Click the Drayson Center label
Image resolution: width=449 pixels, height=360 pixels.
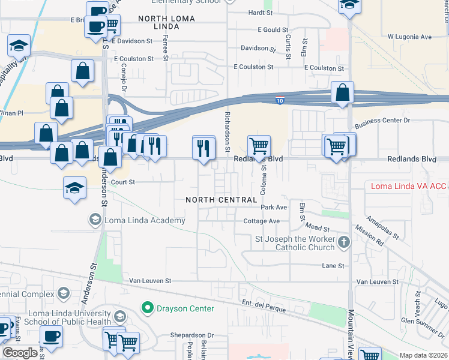[x=185, y=308]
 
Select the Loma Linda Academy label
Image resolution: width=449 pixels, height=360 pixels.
[x=145, y=221]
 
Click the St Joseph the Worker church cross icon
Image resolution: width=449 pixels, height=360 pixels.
[x=343, y=243]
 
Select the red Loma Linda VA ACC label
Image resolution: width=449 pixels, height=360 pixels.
[x=408, y=186]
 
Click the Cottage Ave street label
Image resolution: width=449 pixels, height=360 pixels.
[x=262, y=221]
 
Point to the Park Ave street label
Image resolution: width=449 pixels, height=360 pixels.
[x=274, y=207]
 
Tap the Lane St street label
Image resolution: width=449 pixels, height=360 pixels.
[x=333, y=265]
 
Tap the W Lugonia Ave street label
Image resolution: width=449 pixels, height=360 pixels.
[x=409, y=37]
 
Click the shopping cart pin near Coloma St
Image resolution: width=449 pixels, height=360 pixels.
[x=259, y=146]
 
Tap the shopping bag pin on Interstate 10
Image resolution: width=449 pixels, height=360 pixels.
[x=342, y=93]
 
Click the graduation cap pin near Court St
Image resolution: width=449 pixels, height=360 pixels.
[x=74, y=187]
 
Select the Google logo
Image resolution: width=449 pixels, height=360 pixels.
[x=20, y=353]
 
